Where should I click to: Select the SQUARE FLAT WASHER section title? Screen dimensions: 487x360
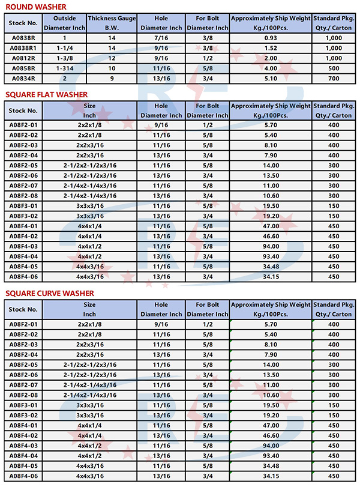(46, 94)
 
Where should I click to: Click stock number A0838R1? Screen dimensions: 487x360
(24, 47)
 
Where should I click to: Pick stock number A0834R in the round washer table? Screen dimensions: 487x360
(24, 78)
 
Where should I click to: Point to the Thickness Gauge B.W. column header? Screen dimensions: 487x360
(112, 23)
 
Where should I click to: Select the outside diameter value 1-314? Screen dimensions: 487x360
(65, 68)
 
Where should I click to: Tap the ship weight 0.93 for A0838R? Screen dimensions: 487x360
(271, 37)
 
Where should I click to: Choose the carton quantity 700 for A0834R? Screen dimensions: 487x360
(334, 78)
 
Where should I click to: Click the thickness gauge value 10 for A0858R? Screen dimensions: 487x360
(112, 68)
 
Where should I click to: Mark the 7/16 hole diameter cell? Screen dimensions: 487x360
(161, 37)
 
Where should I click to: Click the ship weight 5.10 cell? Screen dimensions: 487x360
(271, 78)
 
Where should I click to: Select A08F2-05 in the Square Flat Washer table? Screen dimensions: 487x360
(24, 165)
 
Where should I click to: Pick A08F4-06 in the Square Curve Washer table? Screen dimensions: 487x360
(24, 476)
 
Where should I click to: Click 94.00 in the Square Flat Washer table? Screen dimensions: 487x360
(271, 246)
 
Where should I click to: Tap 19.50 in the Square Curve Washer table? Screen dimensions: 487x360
(271, 405)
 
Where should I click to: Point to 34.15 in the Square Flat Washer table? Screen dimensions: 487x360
(271, 277)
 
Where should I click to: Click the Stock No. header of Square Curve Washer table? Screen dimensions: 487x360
(24, 309)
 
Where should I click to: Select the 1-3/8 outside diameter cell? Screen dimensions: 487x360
(65, 58)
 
